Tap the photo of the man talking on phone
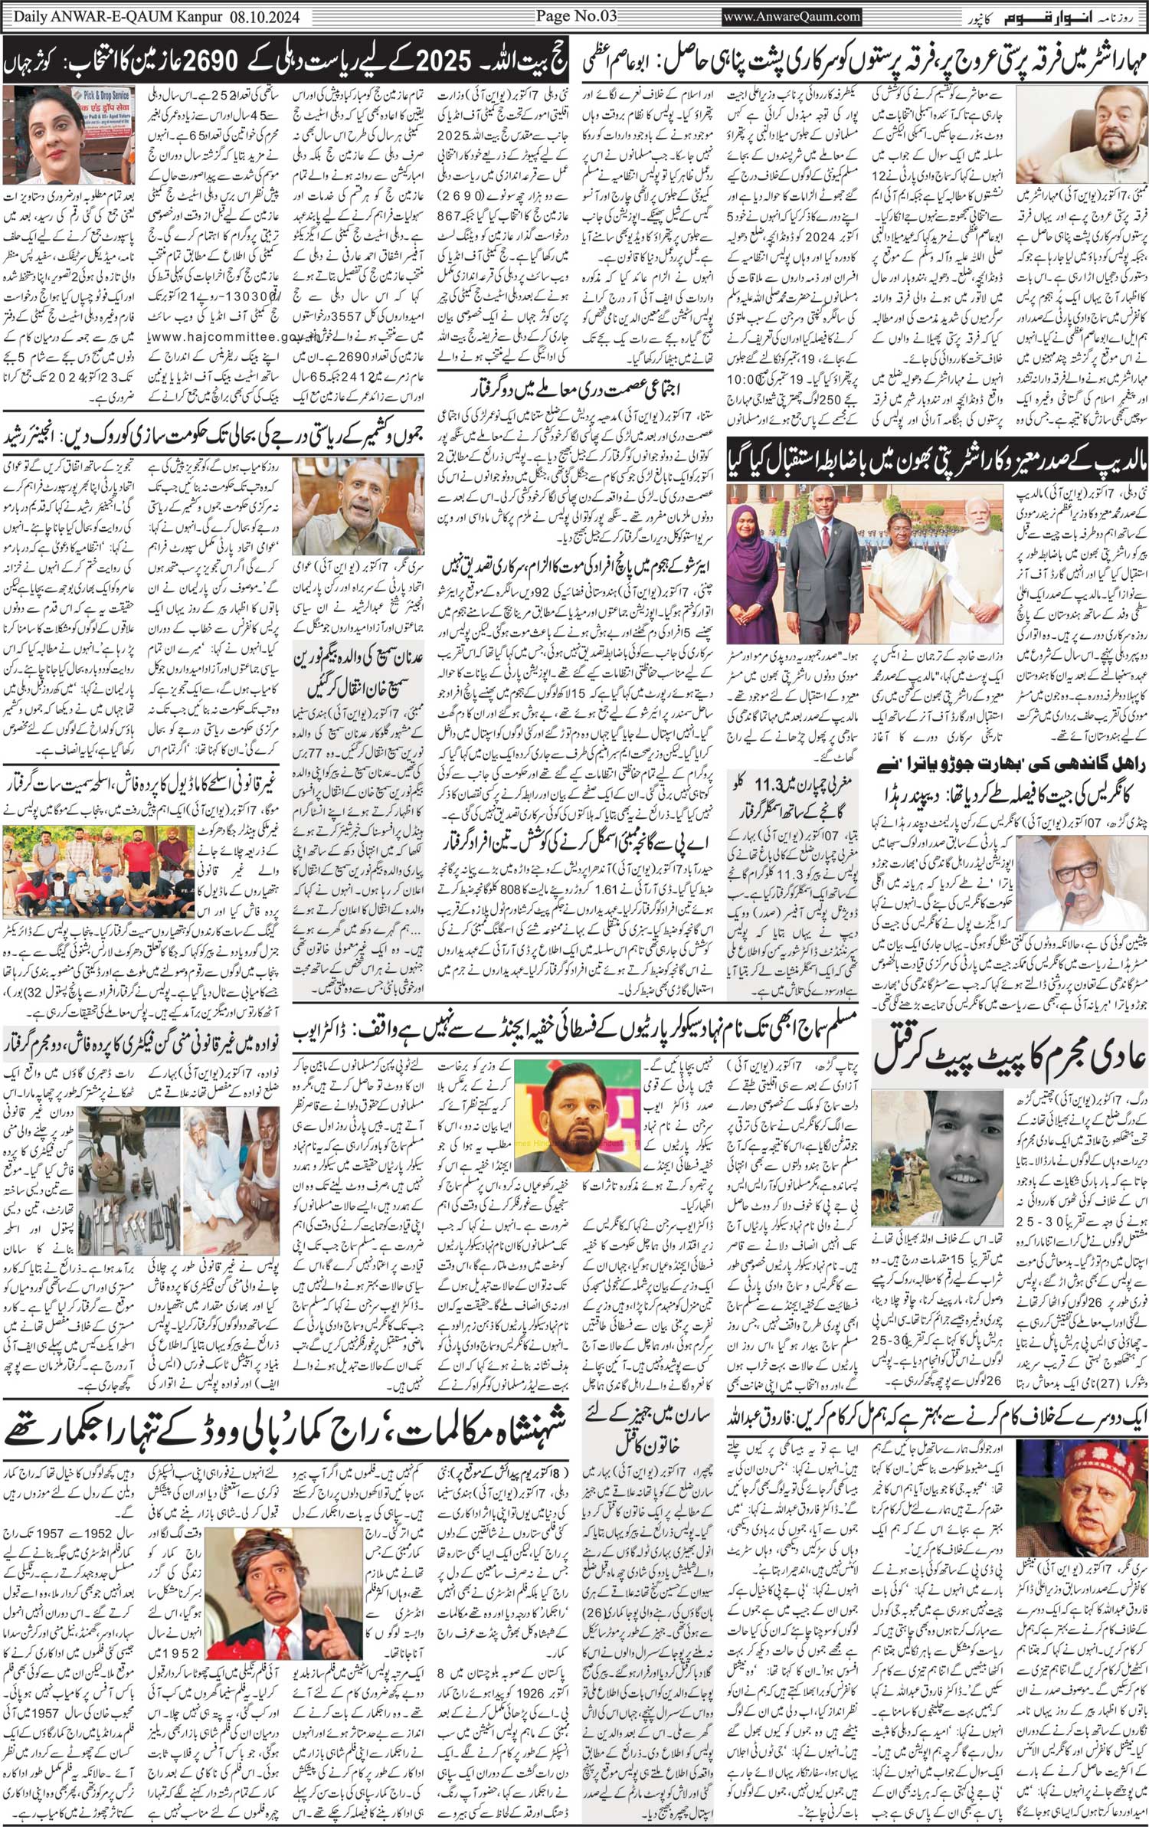pyautogui.click(x=1082, y=137)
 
